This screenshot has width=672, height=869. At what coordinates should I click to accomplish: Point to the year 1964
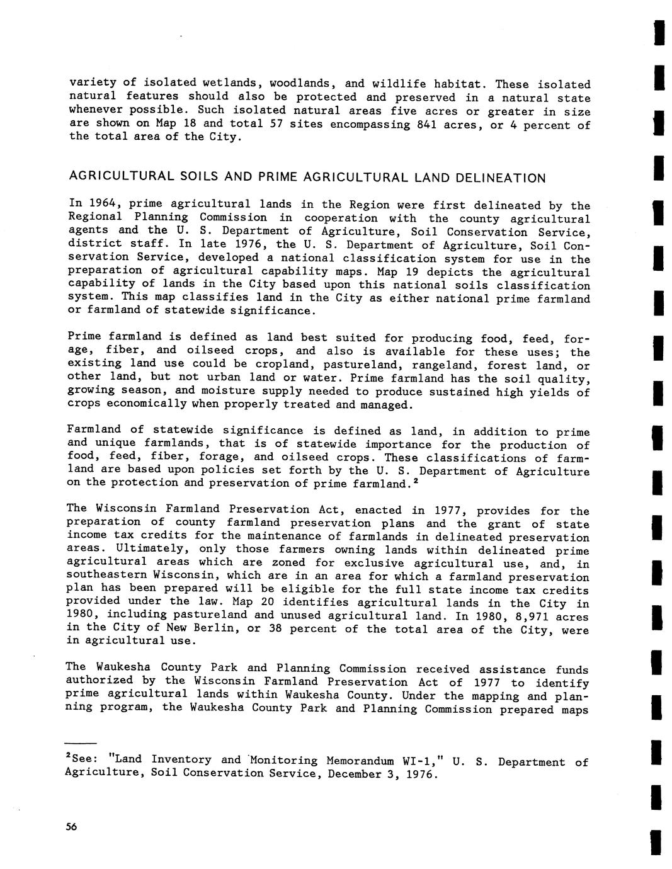pyautogui.click(x=104, y=203)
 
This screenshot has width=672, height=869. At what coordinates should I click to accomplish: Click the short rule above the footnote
pyautogui.click(x=81, y=743)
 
